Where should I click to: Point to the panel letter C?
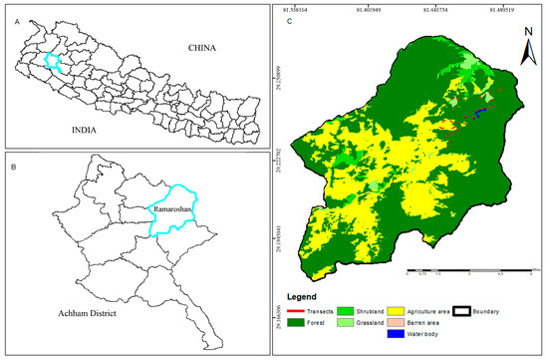click(x=288, y=21)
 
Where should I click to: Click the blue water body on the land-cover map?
click(x=481, y=113)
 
